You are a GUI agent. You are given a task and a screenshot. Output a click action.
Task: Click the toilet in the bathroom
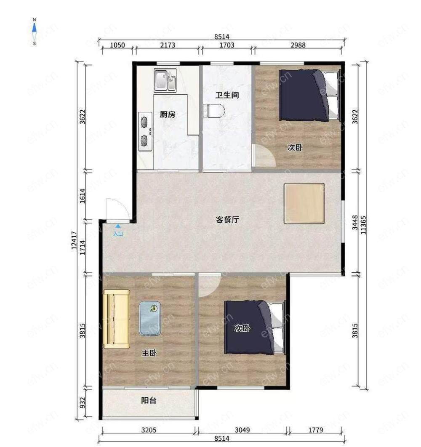[213, 111]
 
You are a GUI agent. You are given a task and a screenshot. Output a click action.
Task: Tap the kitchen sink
[165, 80]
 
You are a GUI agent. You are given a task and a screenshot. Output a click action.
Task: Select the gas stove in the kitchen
[145, 131]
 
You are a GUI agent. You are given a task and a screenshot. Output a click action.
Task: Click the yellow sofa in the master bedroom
[117, 319]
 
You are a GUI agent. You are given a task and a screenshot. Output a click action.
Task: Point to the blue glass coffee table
[150, 318]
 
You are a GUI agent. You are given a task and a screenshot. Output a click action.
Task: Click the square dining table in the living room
[304, 203]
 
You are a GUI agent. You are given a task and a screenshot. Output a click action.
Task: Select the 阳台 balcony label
[149, 401]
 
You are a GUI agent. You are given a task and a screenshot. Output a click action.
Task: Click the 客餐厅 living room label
[227, 220]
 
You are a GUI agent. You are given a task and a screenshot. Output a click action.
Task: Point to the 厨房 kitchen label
[168, 114]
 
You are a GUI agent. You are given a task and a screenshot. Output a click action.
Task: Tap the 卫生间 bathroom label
[227, 95]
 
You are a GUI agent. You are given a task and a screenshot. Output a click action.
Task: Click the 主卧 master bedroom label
[149, 353]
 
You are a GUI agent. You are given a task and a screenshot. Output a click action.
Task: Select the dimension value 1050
[117, 45]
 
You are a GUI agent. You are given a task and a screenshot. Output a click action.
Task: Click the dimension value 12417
[74, 240]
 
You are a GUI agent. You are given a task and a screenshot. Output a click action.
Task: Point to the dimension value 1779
[315, 430]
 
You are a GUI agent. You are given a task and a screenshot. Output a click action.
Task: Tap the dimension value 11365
[363, 225]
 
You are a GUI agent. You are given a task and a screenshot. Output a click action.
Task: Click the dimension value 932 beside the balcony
[83, 403]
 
